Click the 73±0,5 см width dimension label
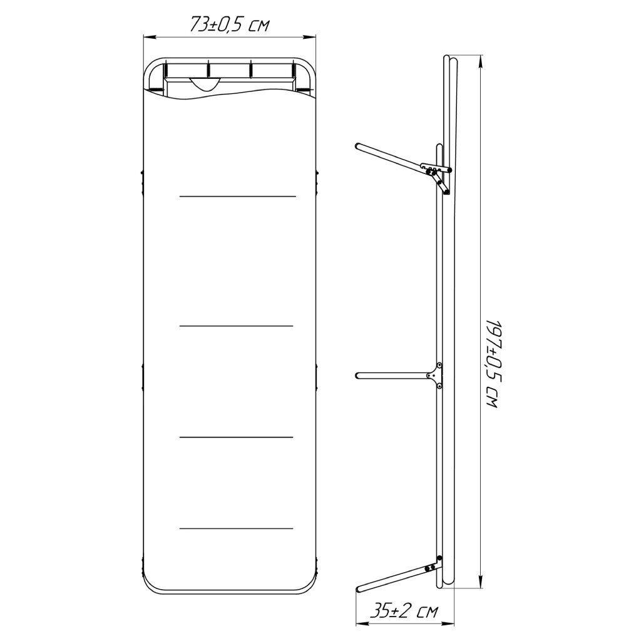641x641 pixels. click(229, 24)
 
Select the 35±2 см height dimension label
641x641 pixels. click(404, 611)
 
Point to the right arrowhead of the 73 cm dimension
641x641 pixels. click(310, 37)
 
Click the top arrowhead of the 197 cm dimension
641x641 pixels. click(481, 62)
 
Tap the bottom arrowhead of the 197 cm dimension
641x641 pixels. click(481, 582)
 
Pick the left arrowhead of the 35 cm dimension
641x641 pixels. click(362, 624)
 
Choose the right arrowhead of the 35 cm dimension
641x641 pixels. click(448, 624)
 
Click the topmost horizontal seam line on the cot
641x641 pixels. click(237, 197)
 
